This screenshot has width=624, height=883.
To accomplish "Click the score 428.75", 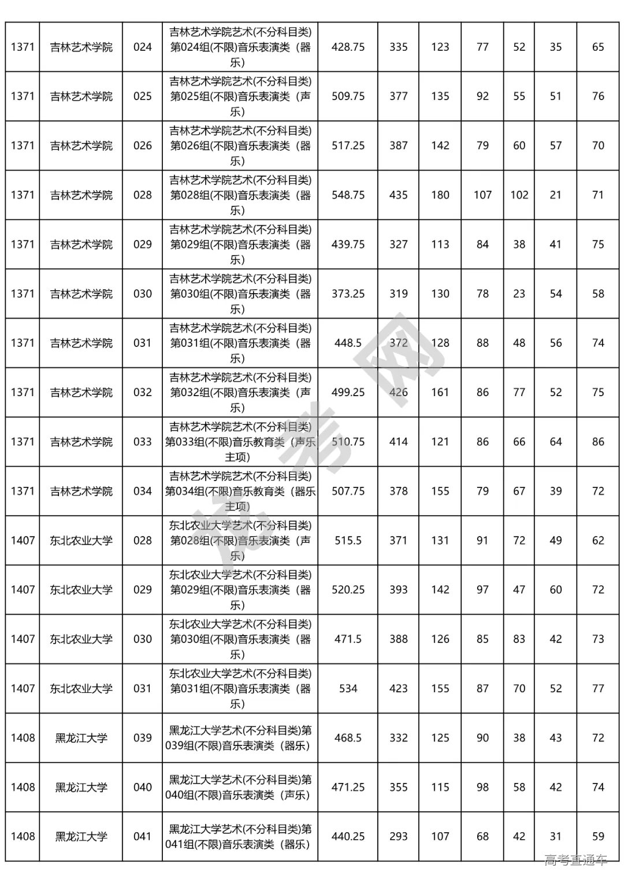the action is coord(348,47).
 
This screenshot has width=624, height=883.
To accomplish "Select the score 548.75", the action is coord(348,195).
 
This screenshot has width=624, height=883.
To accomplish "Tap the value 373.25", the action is coord(348,294).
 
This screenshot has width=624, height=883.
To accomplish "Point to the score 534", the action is coord(348,689).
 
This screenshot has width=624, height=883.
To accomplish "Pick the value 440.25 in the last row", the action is coord(348,836).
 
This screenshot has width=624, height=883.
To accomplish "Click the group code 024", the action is coord(142,47).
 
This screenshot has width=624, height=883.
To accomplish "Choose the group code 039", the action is coord(142,738).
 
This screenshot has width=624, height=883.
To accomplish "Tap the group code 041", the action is coord(142,836).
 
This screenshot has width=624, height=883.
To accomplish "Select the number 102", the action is coord(519,195).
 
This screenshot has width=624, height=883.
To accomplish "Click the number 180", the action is coord(440,195).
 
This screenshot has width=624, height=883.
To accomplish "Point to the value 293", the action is coord(398,836).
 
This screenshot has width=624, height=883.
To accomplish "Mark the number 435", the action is coord(398,195).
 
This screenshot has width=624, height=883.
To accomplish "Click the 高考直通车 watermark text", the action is coord(575,860).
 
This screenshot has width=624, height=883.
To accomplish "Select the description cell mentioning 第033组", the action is coord(240,442).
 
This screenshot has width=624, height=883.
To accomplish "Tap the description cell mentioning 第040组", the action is coord(240,787).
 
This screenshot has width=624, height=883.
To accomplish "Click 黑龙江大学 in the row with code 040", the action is coord(81,787).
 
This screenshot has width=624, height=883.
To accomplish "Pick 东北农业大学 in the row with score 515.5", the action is coord(81,541).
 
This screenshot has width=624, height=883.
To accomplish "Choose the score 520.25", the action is coord(348,590).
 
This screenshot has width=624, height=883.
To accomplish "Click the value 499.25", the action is coord(348,392).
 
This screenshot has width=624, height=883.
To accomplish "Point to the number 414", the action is coord(398,442).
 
